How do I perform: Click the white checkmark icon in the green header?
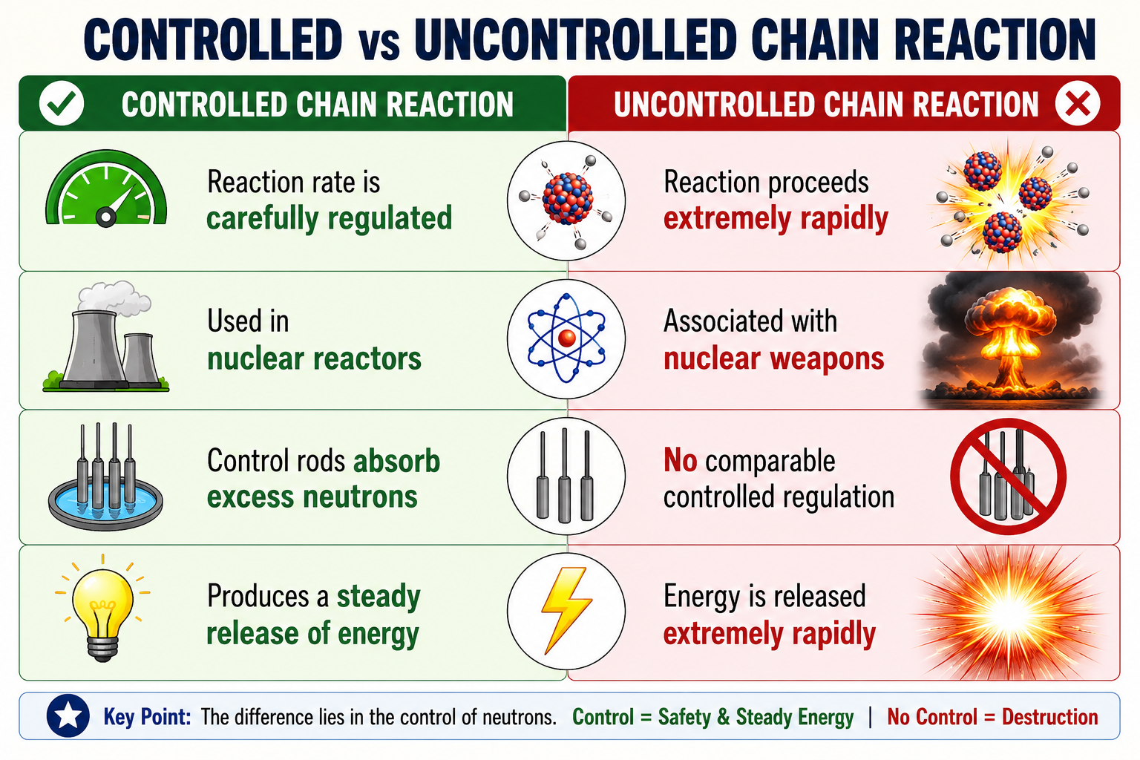pyautogui.click(x=62, y=103)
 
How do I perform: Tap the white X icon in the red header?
pyautogui.click(x=1078, y=103)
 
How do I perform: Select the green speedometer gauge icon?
pyautogui.click(x=106, y=189)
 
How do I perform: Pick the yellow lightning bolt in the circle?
pyautogui.click(x=566, y=610)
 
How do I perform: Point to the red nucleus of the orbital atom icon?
pyautogui.click(x=566, y=338)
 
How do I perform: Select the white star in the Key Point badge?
pyautogui.click(x=68, y=715)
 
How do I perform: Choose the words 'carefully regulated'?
pyautogui.click(x=330, y=219)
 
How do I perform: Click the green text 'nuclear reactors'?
pyautogui.click(x=314, y=359)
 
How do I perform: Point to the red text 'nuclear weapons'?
pyautogui.click(x=773, y=359)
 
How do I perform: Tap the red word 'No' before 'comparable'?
pyautogui.click(x=681, y=460)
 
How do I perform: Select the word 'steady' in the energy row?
pyautogui.click(x=379, y=597)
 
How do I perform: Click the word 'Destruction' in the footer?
pyautogui.click(x=1050, y=717)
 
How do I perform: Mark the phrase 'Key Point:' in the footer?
pyautogui.click(x=147, y=717)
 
